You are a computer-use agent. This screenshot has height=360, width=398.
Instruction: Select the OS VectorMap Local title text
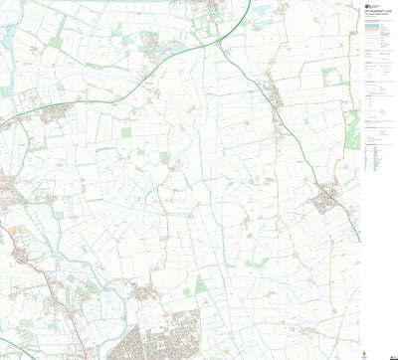375,19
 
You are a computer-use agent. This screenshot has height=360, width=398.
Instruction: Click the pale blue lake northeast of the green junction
262,13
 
